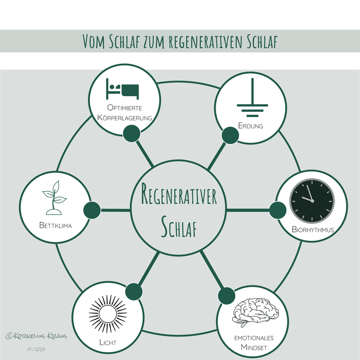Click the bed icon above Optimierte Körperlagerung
122,89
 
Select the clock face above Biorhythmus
312,201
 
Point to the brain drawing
255,313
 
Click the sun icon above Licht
108,314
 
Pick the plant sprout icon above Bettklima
54,198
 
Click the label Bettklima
56,225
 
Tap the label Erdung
250,126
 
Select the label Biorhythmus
313,229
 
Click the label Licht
108,342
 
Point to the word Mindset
254,347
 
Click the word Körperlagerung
125,117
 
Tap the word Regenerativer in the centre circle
179,194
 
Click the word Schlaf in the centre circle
179,227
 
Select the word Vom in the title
94,41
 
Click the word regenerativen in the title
206,42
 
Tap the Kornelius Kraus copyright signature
36,336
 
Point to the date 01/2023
36,349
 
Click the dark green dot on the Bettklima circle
92,210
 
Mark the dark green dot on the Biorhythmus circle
277,210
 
